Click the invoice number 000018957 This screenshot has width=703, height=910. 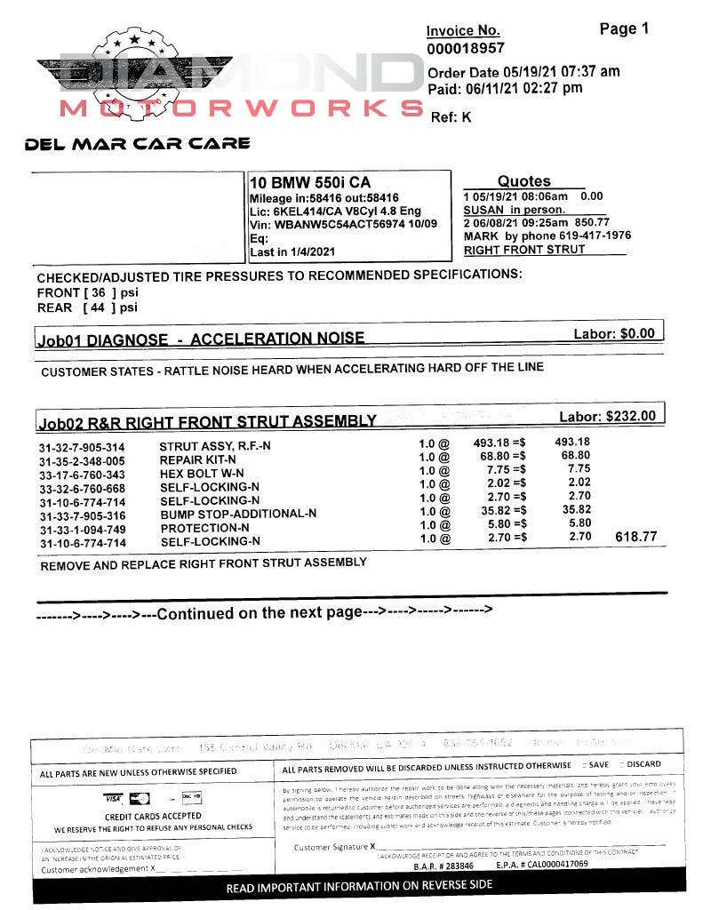[x=465, y=49]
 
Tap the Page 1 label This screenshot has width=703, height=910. [x=624, y=28]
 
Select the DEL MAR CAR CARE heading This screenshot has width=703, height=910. [x=138, y=143]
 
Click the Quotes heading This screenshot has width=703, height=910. [x=523, y=181]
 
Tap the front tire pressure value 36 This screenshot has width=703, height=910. [x=98, y=292]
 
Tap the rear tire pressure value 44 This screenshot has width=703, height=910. [x=98, y=307]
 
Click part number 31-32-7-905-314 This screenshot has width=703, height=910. [x=82, y=447]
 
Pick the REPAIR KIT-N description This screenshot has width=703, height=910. [x=197, y=460]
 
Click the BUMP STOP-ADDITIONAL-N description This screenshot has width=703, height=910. [x=237, y=514]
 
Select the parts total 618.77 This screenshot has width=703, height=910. [x=635, y=537]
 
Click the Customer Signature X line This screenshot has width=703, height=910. [x=480, y=847]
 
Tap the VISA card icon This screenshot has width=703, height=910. [x=112, y=797]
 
